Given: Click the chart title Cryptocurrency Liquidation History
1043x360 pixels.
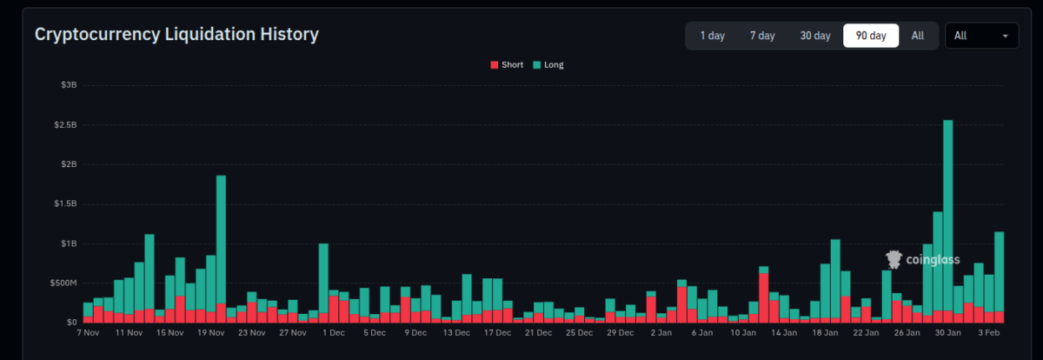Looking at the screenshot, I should (x=176, y=35).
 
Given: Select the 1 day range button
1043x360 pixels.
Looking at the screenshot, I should (x=713, y=36).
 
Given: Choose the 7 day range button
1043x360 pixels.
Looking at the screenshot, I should (x=762, y=36).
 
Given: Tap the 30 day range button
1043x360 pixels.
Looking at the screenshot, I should (x=815, y=36).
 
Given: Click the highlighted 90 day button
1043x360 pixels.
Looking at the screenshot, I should (x=871, y=36).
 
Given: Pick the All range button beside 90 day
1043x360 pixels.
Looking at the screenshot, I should (x=918, y=36).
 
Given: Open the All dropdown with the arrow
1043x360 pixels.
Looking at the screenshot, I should (x=981, y=36).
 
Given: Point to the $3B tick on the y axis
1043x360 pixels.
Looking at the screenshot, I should (x=69, y=85).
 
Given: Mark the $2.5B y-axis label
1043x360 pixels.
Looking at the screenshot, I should (x=64, y=125).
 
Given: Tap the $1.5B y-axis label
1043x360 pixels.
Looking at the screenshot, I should (x=64, y=204).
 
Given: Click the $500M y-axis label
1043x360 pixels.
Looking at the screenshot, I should (x=63, y=283).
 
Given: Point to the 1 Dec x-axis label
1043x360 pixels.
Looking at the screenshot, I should (x=334, y=332).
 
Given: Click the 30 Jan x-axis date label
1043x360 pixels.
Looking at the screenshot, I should (x=947, y=332).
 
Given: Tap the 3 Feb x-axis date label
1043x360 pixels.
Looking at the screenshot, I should (x=989, y=332).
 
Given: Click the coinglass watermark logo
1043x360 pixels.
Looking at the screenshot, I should (x=922, y=259).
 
